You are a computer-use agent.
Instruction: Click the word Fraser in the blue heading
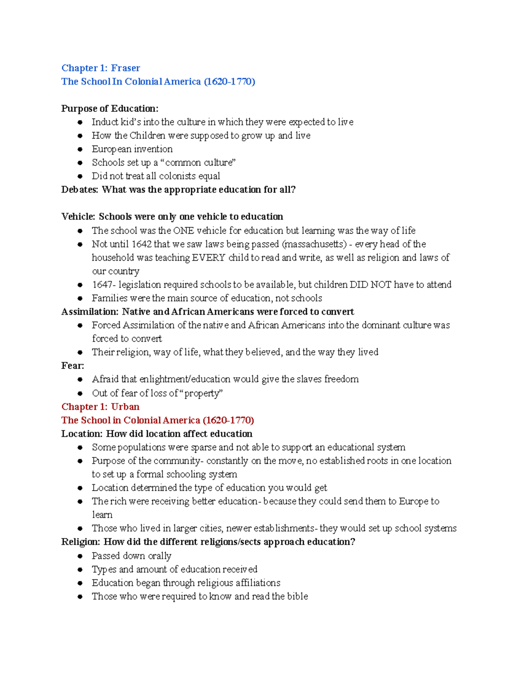125,68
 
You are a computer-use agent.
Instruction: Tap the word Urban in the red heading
125,407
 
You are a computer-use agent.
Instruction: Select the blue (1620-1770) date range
229,82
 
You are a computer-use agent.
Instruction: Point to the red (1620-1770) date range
228,420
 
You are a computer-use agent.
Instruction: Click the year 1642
141,244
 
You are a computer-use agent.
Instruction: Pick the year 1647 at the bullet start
102,285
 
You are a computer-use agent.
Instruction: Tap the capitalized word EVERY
208,258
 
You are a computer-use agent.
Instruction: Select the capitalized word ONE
184,231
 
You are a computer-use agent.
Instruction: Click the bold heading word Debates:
80,190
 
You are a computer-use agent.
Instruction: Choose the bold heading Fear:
73,366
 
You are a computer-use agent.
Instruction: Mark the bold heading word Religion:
81,542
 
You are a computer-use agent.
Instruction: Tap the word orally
160,556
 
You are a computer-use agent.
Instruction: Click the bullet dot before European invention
80,150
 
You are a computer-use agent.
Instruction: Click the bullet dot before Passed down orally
80,556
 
